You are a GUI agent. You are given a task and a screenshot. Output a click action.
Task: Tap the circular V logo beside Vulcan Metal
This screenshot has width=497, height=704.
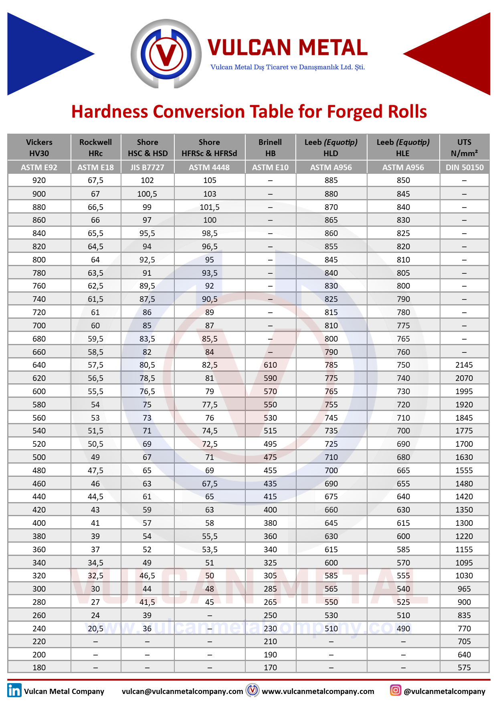(166, 54)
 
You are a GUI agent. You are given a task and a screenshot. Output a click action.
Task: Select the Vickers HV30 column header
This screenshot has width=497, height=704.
(39, 148)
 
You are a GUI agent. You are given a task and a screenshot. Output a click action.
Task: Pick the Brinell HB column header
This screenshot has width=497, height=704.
(270, 148)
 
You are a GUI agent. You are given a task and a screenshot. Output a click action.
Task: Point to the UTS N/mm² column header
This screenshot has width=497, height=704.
(464, 148)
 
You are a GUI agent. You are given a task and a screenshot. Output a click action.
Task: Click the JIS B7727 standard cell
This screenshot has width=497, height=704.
(147, 167)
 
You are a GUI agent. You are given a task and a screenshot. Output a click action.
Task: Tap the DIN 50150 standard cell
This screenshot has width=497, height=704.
(464, 167)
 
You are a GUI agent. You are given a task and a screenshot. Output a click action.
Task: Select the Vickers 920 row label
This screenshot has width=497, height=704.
(39, 181)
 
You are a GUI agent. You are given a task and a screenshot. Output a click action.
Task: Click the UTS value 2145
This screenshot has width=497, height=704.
(464, 365)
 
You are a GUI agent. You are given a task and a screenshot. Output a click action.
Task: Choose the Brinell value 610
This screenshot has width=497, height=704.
(270, 365)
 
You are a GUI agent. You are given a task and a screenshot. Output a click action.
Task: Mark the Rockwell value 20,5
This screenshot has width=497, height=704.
(95, 629)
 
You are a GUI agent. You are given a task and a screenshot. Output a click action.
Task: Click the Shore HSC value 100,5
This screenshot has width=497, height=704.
(147, 194)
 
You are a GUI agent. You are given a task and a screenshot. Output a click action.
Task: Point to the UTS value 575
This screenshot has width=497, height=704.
(464, 667)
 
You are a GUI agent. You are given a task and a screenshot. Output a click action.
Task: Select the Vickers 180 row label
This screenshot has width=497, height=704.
(39, 667)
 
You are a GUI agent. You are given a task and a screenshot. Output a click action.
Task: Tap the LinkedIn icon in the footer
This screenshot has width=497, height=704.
(14, 690)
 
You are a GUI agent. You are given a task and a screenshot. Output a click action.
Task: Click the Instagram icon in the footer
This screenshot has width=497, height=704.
(395, 690)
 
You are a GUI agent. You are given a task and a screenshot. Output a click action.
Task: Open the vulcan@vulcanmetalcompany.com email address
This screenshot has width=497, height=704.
(182, 691)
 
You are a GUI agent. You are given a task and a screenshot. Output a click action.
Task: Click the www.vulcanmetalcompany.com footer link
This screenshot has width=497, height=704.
(318, 691)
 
